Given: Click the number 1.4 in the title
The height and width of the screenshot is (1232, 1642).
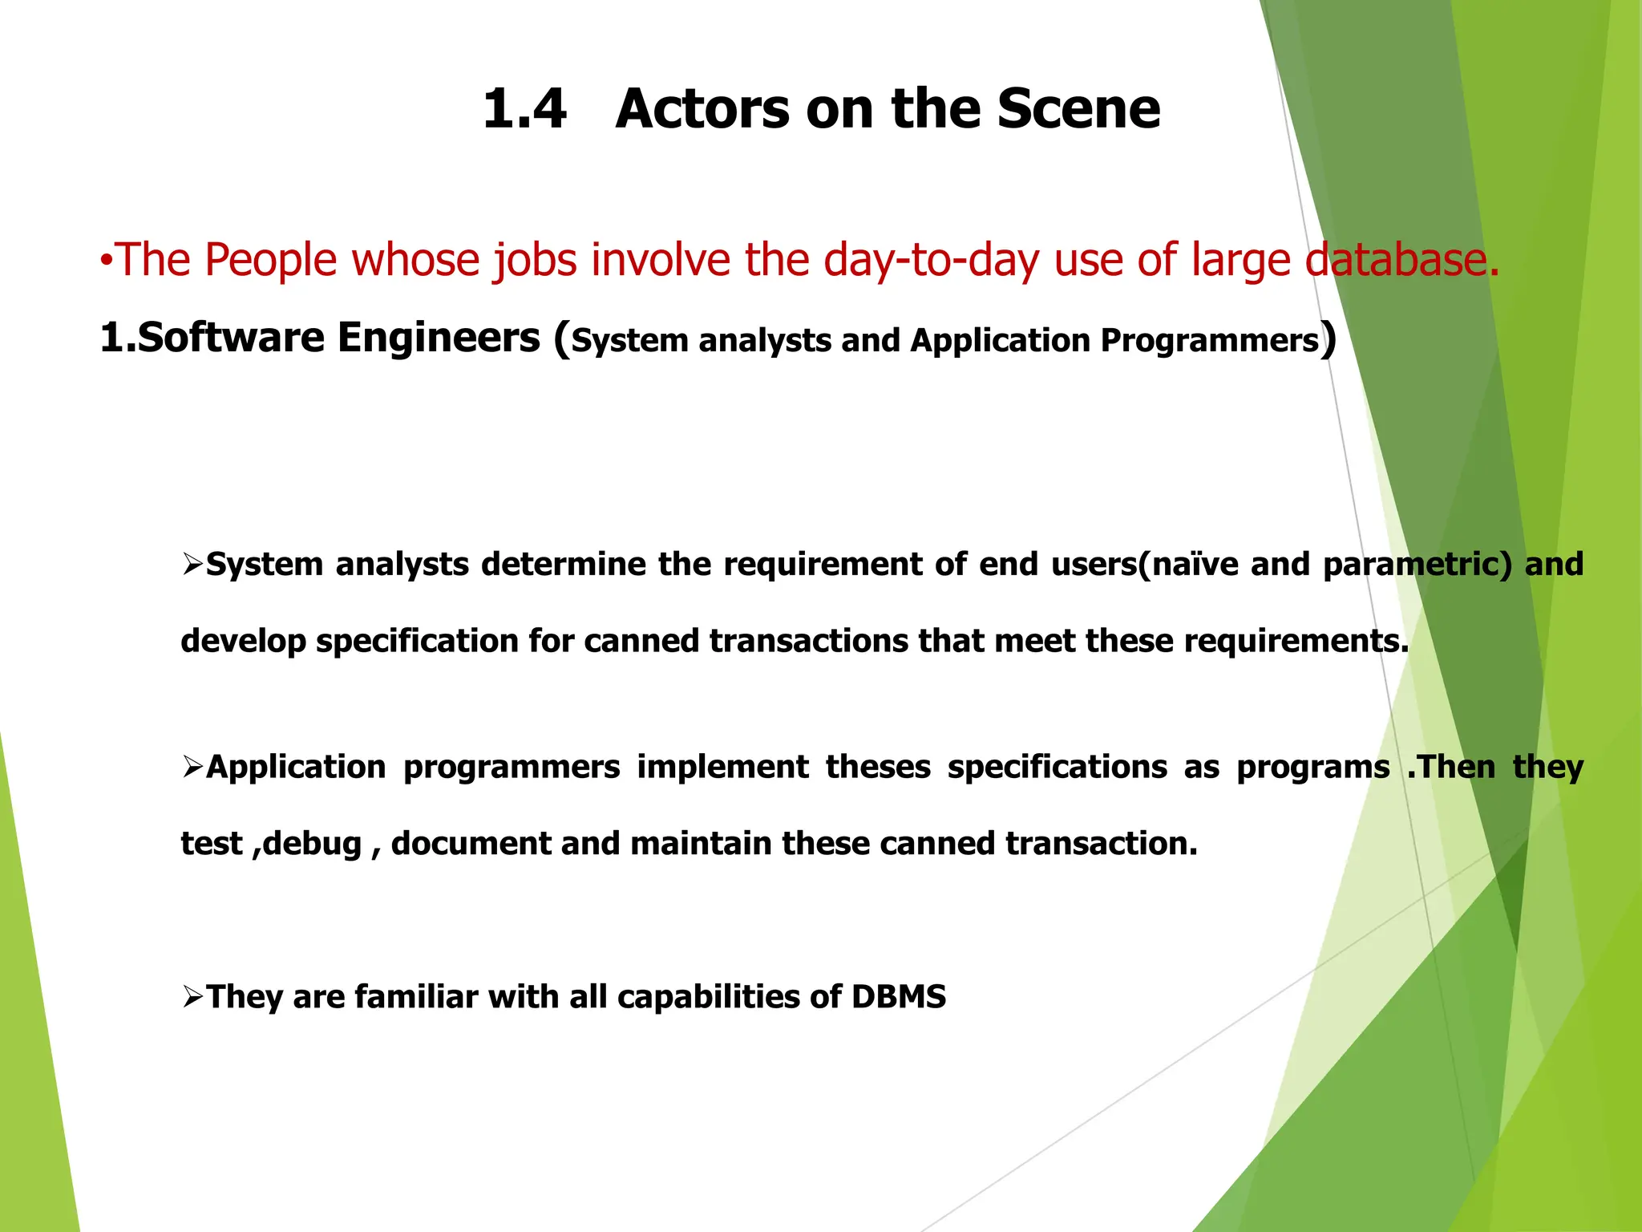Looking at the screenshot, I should coord(524,109).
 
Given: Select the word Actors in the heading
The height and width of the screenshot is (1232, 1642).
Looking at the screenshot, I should coord(702,109).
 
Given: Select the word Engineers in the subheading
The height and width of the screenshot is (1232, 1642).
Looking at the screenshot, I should coord(439,338).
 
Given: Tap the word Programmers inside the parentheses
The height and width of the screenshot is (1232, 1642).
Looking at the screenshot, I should coord(1209,341).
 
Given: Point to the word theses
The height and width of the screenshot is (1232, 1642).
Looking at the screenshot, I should coord(878,768).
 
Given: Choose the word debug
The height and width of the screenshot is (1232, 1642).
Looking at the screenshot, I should coord(313,845).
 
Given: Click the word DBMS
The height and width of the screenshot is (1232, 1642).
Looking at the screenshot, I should coord(898,997).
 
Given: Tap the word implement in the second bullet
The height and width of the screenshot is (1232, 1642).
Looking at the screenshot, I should coord(722,768).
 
